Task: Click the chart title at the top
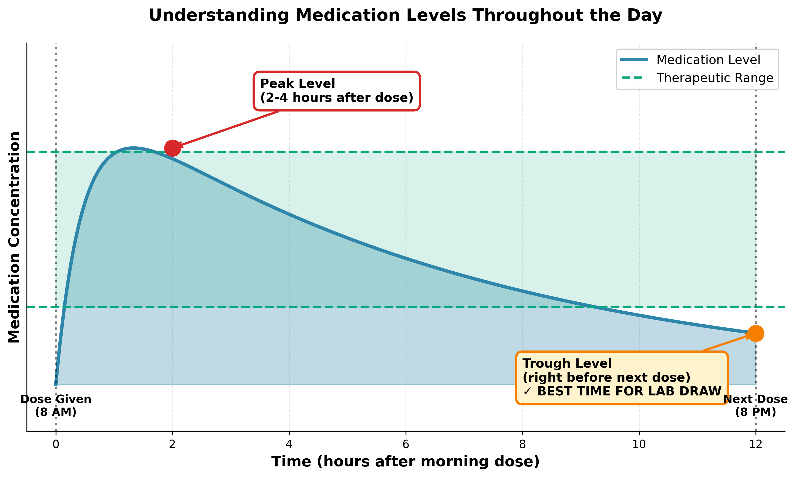[x=405, y=15]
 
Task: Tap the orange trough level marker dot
[x=755, y=333]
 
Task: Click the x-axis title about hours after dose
[x=405, y=462]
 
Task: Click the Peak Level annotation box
[x=337, y=91]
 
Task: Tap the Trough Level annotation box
[x=622, y=378]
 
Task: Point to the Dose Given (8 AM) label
[x=56, y=405]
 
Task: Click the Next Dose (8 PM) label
[x=755, y=405]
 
